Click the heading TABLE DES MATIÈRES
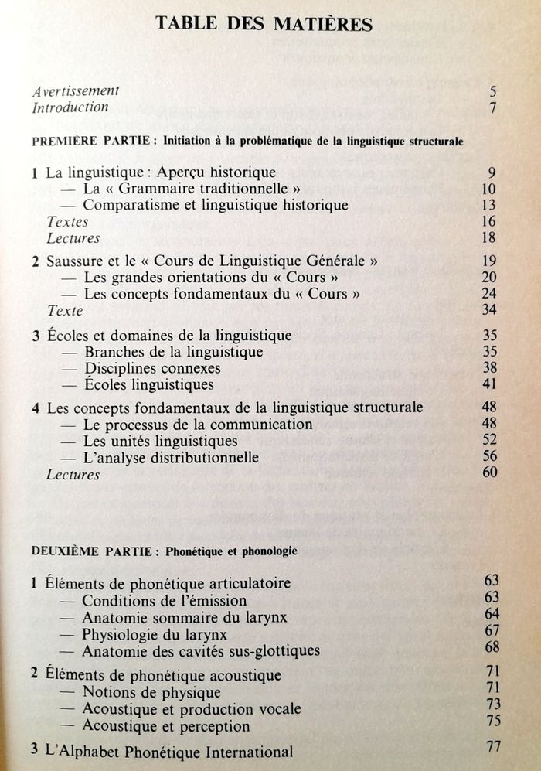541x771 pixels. coord(264,24)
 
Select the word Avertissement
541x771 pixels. coord(75,91)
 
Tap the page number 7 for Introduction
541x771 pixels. coord(492,108)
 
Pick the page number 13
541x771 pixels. coord(488,205)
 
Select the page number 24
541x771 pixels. coord(488,294)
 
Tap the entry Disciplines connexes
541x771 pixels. coord(151,368)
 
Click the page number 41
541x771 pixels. coord(488,384)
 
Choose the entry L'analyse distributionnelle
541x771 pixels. coord(170,458)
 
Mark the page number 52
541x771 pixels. coord(489,441)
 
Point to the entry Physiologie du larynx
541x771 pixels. coord(155,634)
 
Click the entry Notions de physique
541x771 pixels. coord(151,692)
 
